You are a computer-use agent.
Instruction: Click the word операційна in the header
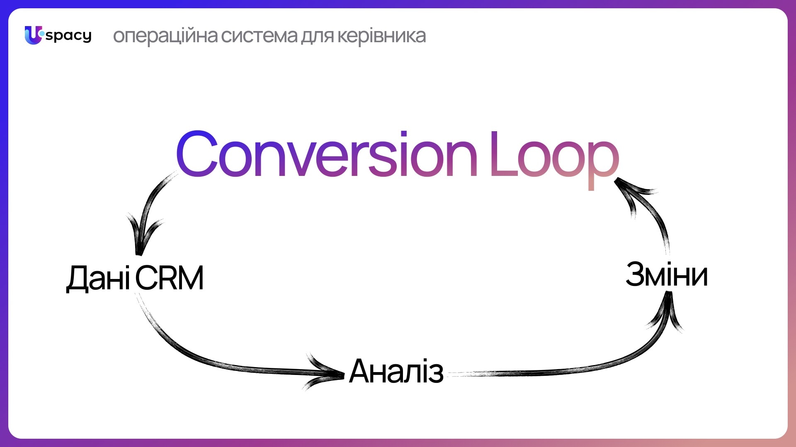(x=165, y=36)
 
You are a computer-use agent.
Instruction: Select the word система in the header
(x=260, y=36)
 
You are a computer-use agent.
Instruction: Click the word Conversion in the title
(x=327, y=154)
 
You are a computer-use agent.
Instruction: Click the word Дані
(x=99, y=278)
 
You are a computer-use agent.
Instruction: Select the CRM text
(x=170, y=278)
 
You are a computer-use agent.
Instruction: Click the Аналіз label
(x=396, y=371)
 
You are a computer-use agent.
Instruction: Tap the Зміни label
(x=667, y=274)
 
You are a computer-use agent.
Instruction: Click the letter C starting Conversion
(x=197, y=154)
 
